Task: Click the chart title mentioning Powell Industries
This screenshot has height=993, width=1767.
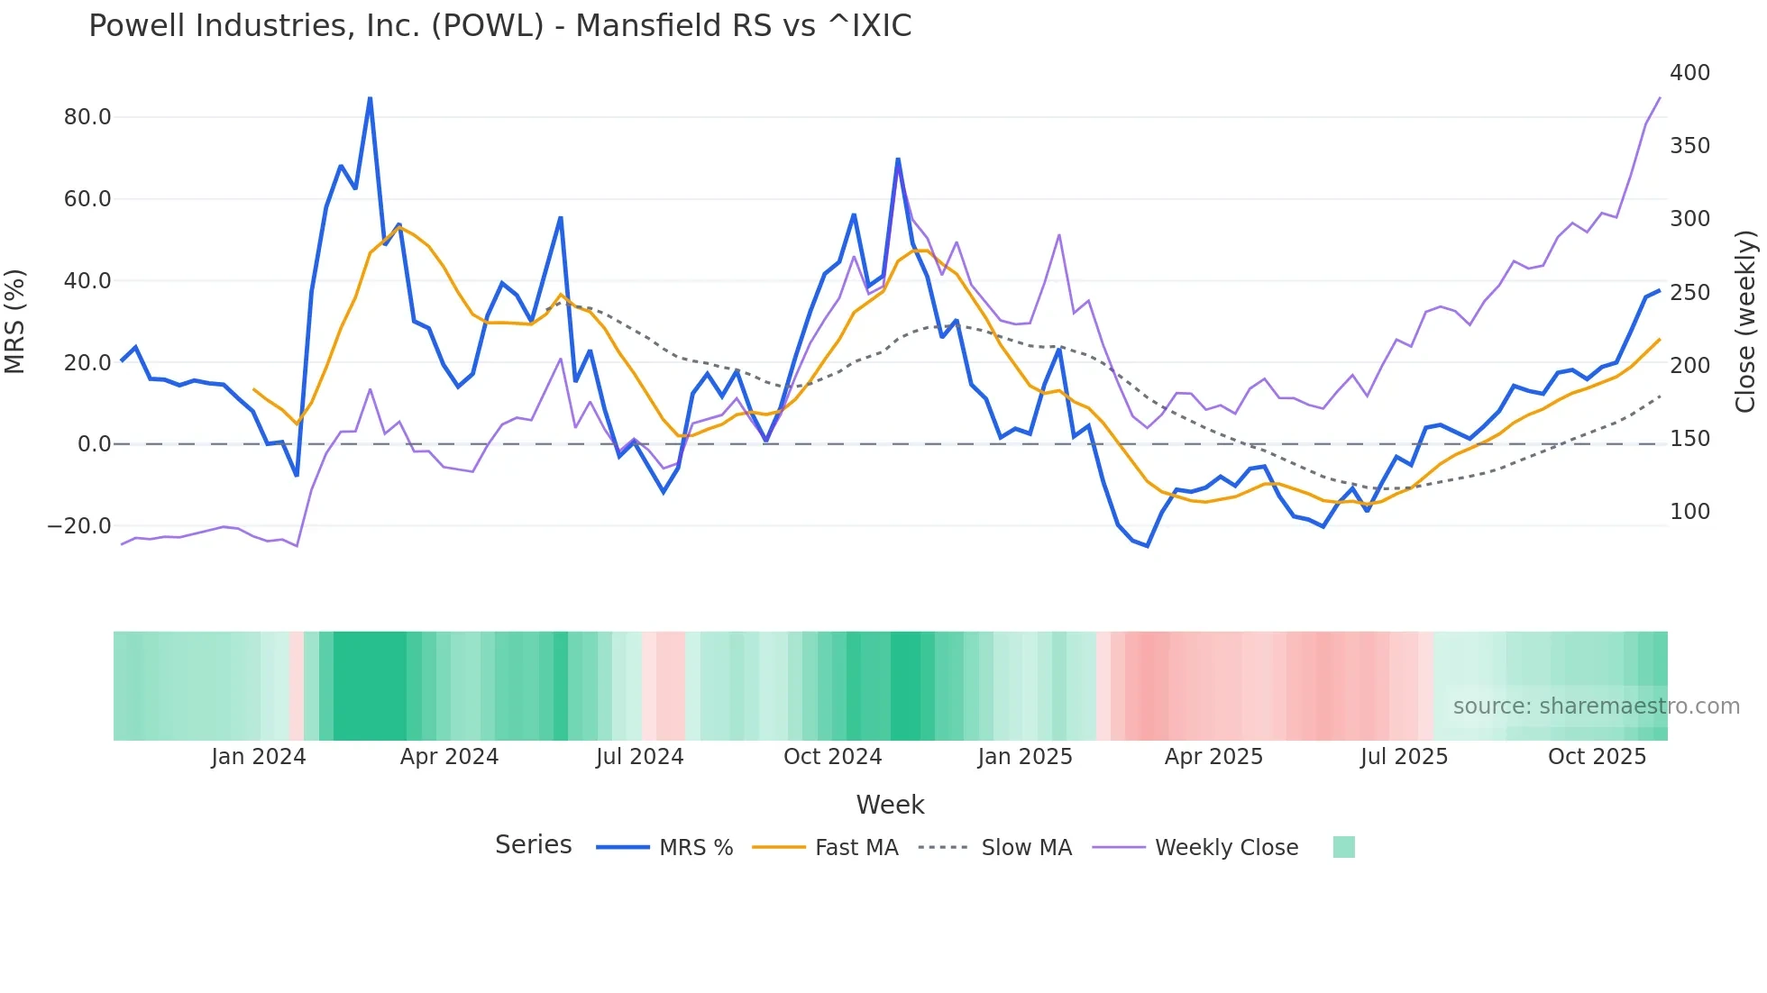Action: point(499,26)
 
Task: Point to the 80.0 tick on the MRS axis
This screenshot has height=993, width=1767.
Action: point(87,117)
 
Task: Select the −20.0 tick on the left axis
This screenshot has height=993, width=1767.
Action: point(79,526)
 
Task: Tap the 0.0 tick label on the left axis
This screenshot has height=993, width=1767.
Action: point(94,444)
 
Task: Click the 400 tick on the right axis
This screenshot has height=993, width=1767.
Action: point(1689,73)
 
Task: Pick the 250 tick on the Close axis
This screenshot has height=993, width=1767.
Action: point(1689,293)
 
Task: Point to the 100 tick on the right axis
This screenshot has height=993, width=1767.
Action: point(1689,512)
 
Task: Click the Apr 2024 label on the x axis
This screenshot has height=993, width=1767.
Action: point(449,757)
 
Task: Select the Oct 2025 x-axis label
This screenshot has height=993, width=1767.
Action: point(1597,757)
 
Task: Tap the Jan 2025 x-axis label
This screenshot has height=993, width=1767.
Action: point(1025,757)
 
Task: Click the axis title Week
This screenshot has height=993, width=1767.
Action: point(890,805)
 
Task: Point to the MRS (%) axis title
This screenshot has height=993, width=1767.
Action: point(15,321)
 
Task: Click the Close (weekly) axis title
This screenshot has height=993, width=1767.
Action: point(1745,322)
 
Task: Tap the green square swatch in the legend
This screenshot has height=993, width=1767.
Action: point(1343,847)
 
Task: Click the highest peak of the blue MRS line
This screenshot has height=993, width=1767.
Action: point(370,98)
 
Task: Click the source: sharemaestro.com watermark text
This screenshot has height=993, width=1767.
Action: point(1596,706)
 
